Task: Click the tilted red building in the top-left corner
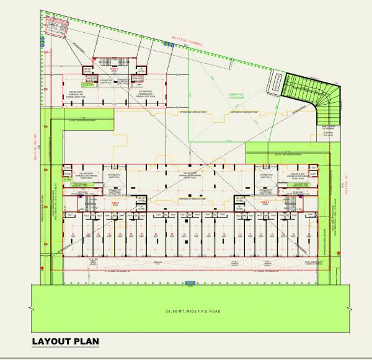(58, 27)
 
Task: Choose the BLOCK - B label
(264, 203)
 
